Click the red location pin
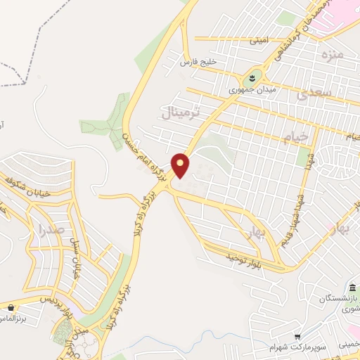(181, 165)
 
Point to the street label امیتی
(259, 41)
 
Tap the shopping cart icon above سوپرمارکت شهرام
(298, 337)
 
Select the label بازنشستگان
(336, 300)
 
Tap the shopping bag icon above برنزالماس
(11, 307)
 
